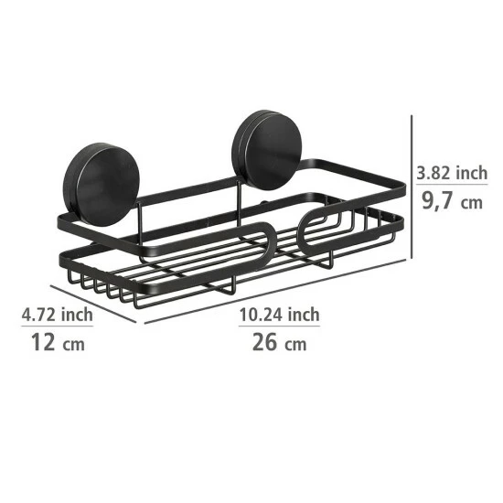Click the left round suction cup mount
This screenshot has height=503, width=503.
tap(101, 174)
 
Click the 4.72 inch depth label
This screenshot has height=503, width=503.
tap(57, 316)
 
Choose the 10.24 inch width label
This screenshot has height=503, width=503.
tap(279, 315)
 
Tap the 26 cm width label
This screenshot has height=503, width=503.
tap(279, 345)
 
